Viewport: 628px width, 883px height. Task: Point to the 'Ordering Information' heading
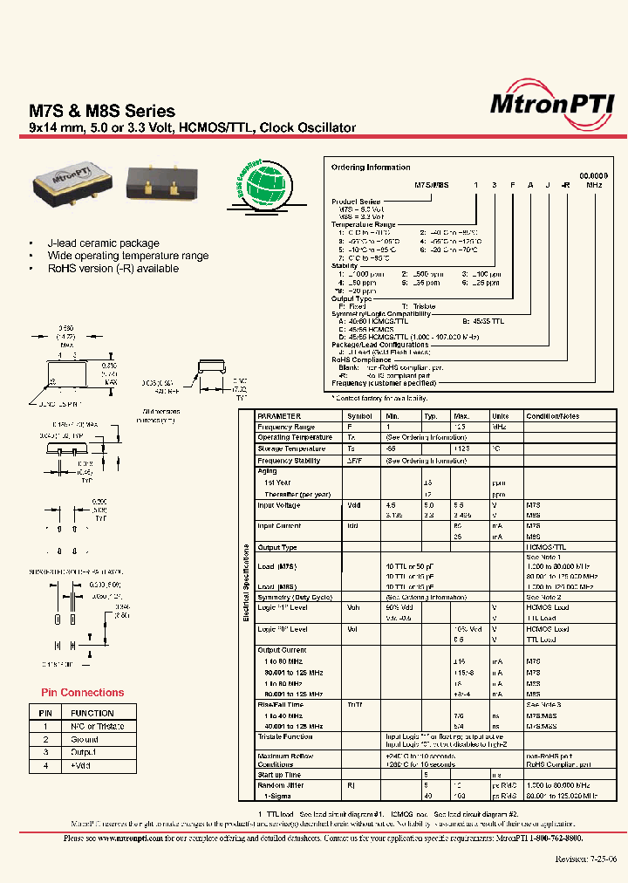point(370,167)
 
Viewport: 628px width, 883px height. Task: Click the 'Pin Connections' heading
point(83,693)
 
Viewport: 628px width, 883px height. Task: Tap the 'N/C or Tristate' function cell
point(98,726)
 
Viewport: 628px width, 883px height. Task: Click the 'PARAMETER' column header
point(279,416)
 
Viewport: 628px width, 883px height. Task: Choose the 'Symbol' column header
point(359,416)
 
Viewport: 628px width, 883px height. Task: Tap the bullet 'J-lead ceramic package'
point(104,243)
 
